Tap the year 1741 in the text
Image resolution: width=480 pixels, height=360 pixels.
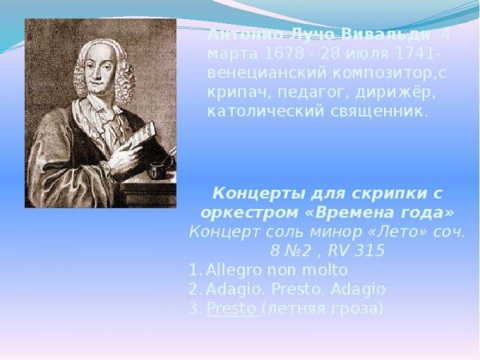pyautogui.click(x=413, y=54)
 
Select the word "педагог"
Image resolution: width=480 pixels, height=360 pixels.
pyautogui.click(x=300, y=92)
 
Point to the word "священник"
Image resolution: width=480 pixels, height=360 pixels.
pyautogui.click(x=380, y=110)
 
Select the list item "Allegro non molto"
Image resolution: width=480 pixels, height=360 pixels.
pyautogui.click(x=277, y=270)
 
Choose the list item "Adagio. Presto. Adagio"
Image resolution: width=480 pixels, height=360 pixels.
pyautogui.click(x=295, y=290)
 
